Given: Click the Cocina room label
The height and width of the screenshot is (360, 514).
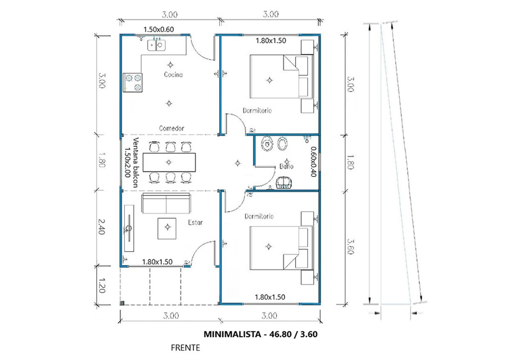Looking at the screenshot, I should tap(173, 75).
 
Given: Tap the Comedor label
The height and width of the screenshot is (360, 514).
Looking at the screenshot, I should tap(171, 129).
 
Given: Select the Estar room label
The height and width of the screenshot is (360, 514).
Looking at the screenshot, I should tap(195, 222).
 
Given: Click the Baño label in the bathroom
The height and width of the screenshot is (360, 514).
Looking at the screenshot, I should tap(286, 166).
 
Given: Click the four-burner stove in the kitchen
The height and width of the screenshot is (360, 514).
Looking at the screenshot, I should tap(133, 82).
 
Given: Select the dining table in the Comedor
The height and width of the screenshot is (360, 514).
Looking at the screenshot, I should tap(169, 162).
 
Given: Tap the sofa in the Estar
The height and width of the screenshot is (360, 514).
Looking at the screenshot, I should tap(166, 204).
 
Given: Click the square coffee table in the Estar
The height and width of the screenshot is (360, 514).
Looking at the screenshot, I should tap(167, 228).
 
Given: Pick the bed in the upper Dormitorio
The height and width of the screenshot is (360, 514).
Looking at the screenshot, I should tap(281, 76).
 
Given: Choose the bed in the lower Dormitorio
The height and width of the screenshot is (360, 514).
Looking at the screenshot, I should tap(281, 248).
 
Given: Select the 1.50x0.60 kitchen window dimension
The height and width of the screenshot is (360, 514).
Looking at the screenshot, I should tap(159, 29).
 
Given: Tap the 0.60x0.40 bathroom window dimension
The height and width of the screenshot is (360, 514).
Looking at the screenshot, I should tap(314, 162).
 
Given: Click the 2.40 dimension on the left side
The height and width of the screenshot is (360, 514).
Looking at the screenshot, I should tap(102, 227).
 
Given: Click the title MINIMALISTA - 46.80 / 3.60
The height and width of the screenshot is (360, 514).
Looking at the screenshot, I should tap(261, 334).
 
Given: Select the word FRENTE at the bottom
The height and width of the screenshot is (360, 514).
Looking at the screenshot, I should tap(185, 348).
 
